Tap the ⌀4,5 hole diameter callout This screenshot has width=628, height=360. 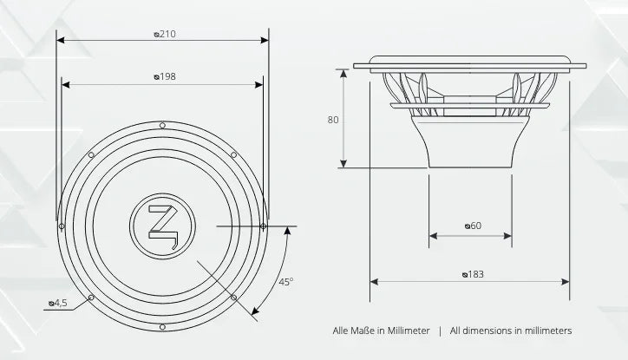58,304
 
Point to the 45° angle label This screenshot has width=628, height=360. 286,282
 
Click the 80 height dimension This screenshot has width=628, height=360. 332,120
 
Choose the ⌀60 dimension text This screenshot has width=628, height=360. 472,226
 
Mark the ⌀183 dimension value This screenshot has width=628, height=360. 473,274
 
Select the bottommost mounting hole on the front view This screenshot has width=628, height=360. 162,326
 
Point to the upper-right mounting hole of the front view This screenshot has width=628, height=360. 234,154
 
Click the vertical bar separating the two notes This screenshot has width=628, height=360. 440,331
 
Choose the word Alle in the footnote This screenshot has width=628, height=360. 341,331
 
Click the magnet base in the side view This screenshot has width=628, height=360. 469,155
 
